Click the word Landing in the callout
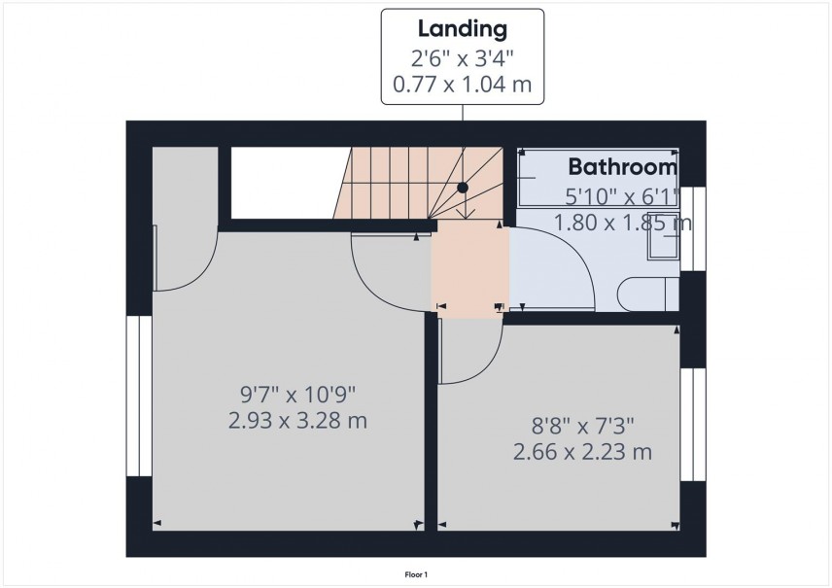[462, 26]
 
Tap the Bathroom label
[622, 166]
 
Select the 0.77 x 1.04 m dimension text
[462, 85]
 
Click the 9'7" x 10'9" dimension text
[299, 395]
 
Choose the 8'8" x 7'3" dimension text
[580, 425]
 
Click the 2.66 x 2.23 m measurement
[582, 452]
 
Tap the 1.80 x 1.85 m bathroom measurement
[622, 223]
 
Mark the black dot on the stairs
[464, 187]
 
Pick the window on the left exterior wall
[139, 396]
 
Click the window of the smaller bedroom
[692, 425]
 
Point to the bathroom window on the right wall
[692, 227]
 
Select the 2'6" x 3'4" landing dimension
[462, 57]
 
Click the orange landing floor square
[470, 268]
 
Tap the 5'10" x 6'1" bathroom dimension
[622, 194]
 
